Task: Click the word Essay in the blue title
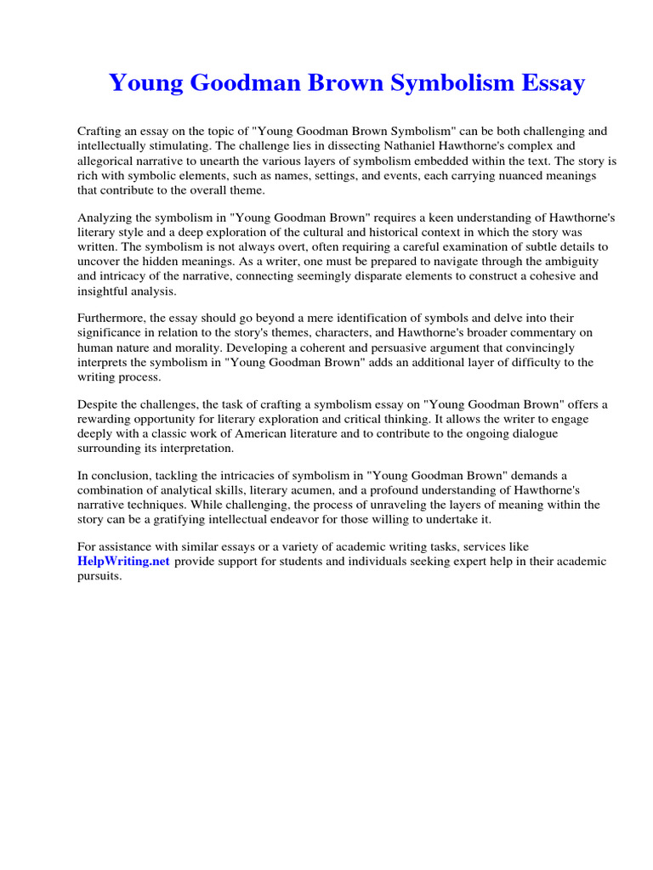[547, 83]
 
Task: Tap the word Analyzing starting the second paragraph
[105, 217]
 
